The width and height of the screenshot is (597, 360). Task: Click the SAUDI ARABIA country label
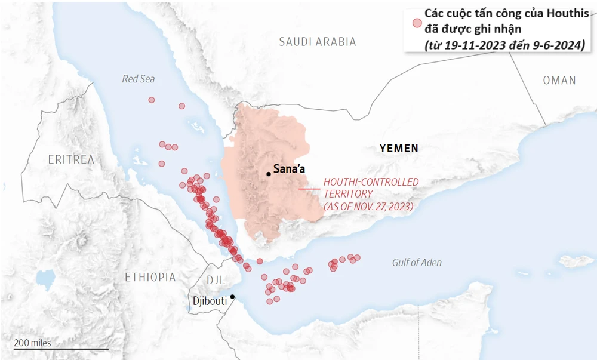tap(318, 42)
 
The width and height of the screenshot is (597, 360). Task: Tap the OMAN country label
tap(559, 80)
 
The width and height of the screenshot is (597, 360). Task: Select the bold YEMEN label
tap(399, 149)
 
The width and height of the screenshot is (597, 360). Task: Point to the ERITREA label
tap(72, 159)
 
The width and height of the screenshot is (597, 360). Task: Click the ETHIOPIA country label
tap(150, 277)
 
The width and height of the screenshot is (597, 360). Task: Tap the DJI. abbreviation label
tap(215, 280)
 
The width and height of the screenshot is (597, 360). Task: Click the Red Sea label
tap(139, 79)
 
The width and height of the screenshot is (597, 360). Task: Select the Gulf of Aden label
tap(417, 263)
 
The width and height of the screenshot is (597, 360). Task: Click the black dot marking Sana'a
tap(269, 174)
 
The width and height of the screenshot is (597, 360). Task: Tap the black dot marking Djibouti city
tap(232, 296)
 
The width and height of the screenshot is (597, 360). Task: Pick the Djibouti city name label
tap(210, 301)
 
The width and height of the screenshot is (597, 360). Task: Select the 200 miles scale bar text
tap(33, 343)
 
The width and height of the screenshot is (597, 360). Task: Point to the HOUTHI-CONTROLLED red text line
tap(371, 181)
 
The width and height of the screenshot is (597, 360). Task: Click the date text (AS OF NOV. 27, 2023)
tap(368, 206)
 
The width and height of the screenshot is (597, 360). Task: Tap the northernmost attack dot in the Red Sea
tap(152, 100)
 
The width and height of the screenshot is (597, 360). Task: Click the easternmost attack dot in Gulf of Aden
tap(357, 258)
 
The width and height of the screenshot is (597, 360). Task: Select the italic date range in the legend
tap(504, 45)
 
